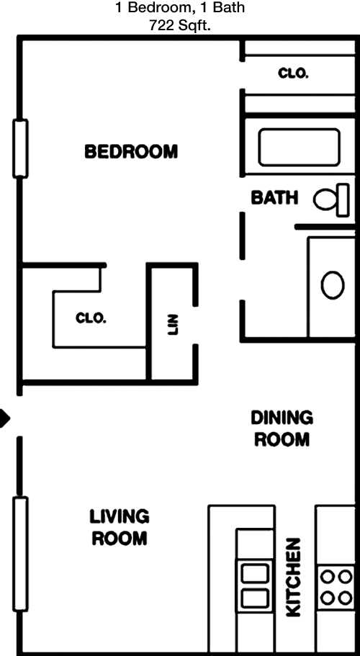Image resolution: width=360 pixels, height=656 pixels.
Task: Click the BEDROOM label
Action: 131,151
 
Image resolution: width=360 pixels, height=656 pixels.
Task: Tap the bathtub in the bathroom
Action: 299,148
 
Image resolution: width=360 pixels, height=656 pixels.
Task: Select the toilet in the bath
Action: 331,199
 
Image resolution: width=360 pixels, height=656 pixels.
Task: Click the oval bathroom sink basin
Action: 333,285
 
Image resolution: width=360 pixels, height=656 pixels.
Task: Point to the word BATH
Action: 275,197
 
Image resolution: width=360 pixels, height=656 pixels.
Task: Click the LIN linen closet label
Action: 173,325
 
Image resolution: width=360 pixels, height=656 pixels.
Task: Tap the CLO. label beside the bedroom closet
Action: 91,318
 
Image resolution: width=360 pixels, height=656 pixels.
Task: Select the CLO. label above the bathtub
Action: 293,73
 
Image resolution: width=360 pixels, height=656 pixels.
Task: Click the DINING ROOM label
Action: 282,428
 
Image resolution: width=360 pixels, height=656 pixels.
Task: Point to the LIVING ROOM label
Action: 120,527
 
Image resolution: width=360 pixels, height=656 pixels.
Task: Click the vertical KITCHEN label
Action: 294,578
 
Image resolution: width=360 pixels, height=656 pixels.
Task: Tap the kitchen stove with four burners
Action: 336,588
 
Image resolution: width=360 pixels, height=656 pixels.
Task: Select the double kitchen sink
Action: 255,585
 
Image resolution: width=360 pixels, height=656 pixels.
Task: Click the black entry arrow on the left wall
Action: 4,418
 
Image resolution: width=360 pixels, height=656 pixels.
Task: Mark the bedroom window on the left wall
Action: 20,148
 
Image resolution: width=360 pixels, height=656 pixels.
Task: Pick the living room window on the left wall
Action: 20,554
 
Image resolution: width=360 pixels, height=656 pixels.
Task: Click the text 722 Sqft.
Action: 179,26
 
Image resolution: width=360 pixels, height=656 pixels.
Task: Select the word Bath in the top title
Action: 229,7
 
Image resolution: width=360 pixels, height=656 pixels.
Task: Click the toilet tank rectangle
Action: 343,199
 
